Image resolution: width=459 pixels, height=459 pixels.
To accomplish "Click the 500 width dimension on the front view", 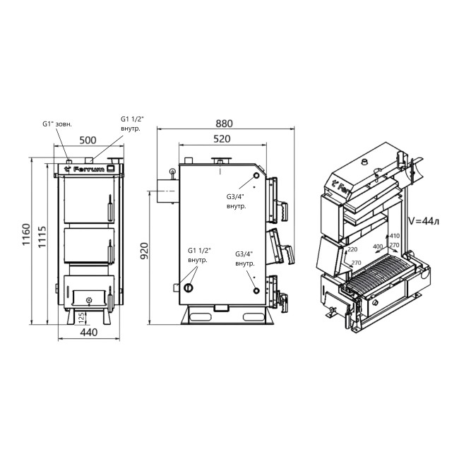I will coord(88,140).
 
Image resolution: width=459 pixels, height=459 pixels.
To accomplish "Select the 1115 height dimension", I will coord(42,234).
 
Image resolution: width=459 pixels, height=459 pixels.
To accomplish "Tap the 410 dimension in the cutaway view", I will coord(393,237).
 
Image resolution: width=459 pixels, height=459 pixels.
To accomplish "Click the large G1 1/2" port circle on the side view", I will coord(189,287).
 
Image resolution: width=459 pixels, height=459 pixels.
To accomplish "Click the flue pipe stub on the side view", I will coord(164,191).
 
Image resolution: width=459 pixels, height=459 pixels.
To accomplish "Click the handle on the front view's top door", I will coord(109,210).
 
